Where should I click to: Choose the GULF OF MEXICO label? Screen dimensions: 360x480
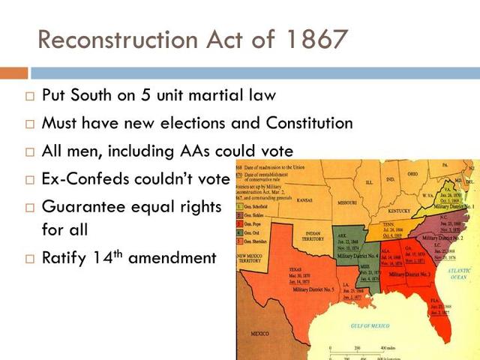click(x=368, y=326)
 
